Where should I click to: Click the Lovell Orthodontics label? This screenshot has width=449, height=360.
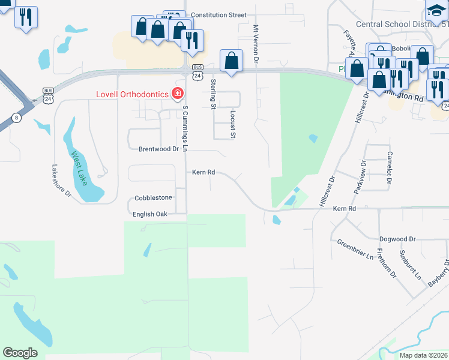coord(132,94)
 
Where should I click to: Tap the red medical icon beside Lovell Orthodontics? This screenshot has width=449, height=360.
coord(177,94)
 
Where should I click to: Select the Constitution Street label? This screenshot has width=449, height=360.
coord(215,14)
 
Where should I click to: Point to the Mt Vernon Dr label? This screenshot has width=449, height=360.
coord(256,44)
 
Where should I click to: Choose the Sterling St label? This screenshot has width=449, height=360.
coord(213,94)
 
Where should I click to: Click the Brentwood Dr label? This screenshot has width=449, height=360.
coord(159,149)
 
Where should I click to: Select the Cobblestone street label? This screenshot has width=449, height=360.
coord(153,197)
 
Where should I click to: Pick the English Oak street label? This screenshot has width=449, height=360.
coord(150,214)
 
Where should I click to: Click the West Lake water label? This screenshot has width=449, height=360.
coord(79,168)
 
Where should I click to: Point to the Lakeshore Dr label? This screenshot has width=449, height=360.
coord(61,181)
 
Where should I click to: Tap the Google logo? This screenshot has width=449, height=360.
coord(20,353)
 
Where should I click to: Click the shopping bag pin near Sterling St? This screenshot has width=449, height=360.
coord(232,61)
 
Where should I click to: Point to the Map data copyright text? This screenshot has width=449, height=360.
coord(423,355)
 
